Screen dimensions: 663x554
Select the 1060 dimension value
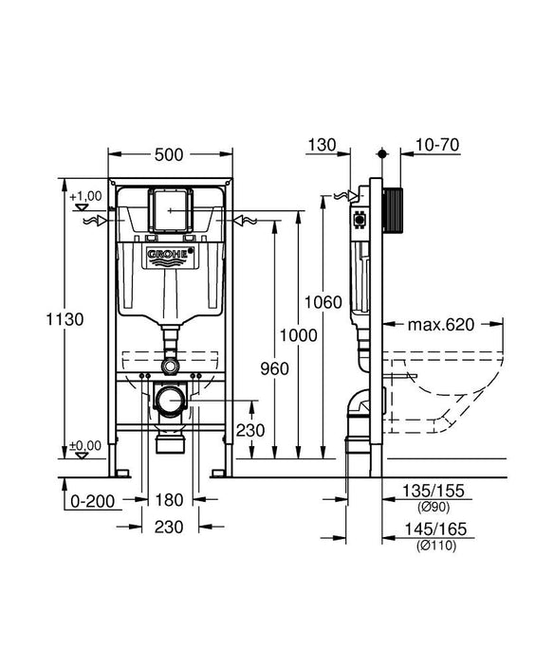point(320,303)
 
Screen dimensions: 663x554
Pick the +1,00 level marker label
point(87,194)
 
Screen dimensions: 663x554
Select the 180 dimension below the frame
point(171,499)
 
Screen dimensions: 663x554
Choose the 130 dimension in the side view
point(323,145)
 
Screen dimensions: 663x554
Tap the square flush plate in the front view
point(171,210)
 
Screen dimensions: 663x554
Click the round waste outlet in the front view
point(170,402)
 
